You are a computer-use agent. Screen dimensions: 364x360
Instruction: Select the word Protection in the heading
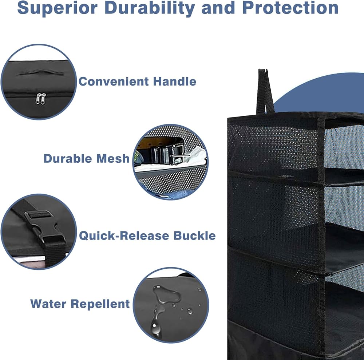point(290,8)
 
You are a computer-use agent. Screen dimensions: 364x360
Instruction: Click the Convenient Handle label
point(138,82)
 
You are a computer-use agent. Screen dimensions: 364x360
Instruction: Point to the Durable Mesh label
point(86,159)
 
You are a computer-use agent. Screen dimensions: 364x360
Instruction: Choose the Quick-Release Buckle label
point(147,236)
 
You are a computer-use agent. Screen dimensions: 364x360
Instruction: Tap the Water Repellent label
point(80,304)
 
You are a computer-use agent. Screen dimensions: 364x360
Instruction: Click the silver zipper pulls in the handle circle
point(41,99)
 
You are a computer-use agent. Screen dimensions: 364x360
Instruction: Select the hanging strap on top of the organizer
point(265,91)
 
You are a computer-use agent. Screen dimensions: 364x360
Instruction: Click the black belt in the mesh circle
point(162,151)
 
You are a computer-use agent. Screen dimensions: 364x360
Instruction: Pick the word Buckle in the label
point(195,236)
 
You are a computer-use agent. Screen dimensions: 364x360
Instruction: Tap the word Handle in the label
point(175,82)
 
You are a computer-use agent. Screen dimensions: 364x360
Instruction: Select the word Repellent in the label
point(100,304)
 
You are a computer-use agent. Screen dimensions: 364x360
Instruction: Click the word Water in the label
point(48,304)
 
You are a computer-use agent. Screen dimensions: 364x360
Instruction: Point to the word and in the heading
point(218,8)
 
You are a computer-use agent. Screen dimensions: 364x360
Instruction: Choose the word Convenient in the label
point(114,82)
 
